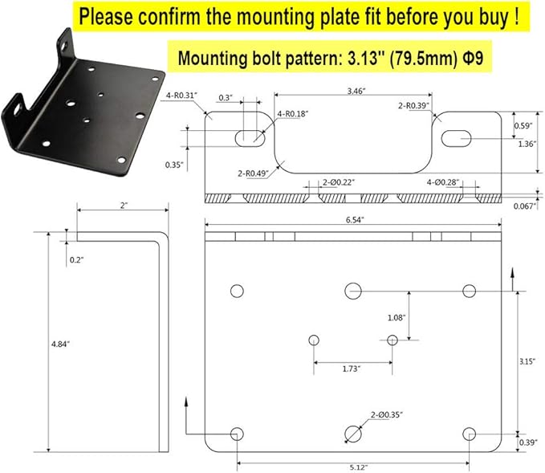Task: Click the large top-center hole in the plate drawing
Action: click(x=353, y=291)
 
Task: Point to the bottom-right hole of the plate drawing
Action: click(x=470, y=434)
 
